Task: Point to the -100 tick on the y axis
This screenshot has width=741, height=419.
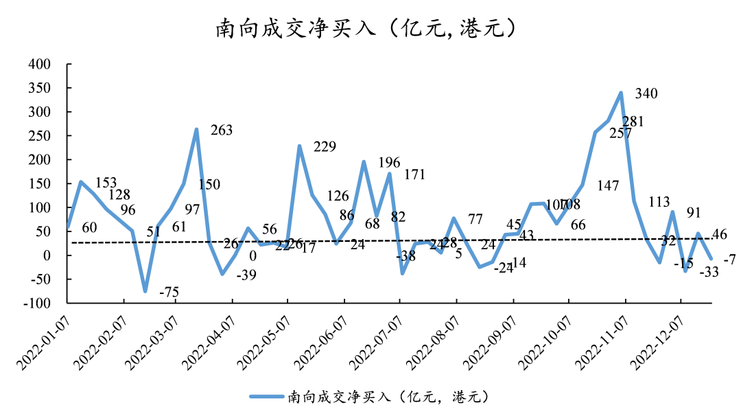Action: coord(38,303)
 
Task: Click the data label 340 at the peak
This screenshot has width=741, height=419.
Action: coord(646,93)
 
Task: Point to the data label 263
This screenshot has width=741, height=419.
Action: coord(222,131)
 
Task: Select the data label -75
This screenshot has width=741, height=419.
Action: coord(169,293)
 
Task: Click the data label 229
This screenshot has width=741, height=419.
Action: coord(325,146)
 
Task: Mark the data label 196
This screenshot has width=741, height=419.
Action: coord(389,163)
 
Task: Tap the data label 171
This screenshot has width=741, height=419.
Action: coord(415,174)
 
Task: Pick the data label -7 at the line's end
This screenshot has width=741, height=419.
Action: coord(729,260)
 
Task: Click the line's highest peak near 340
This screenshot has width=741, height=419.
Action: coord(620,93)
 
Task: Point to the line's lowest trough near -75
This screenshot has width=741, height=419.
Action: coord(145,291)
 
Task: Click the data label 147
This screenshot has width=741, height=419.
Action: coord(609,185)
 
